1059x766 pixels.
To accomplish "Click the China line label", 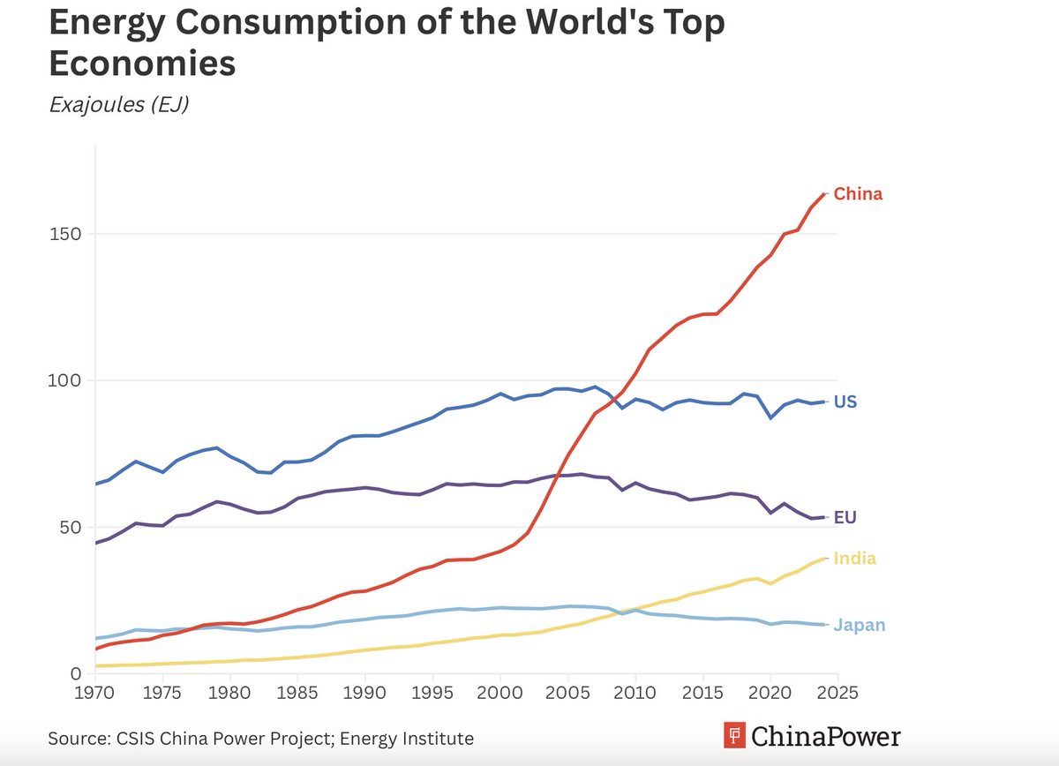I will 858,194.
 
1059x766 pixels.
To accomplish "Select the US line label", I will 845,402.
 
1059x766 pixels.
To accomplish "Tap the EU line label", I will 845,517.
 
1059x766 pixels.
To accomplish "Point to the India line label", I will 854,559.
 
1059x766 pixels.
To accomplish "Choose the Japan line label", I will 859,626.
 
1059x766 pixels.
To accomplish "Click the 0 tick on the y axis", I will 78,673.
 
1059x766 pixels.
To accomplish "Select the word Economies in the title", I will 142,64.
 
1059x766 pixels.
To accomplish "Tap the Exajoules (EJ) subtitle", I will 119,104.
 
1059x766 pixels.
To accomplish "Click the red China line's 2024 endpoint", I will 824,194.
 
